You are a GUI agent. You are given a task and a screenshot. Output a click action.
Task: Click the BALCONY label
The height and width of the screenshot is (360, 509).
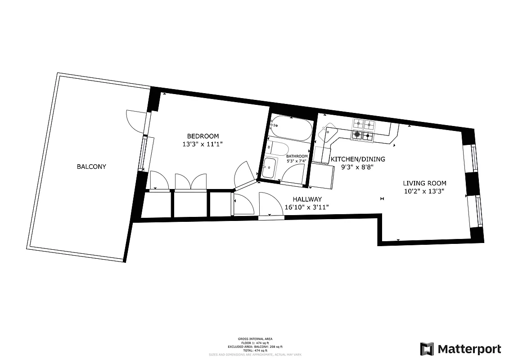(91, 166)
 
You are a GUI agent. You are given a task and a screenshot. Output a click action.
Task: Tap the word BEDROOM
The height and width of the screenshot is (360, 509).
(203, 136)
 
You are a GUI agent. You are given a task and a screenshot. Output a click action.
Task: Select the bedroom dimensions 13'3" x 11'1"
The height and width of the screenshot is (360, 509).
(203, 144)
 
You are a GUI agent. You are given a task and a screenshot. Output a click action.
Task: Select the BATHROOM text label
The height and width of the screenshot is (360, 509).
(297, 156)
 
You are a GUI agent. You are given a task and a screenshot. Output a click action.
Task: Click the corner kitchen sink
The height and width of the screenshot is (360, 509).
(329, 133)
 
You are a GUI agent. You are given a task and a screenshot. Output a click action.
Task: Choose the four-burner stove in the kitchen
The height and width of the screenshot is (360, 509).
(363, 129)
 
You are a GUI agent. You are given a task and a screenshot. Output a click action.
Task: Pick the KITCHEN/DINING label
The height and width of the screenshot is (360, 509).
(358, 159)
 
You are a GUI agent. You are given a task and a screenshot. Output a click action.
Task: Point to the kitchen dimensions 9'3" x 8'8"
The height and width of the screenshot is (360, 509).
(358, 167)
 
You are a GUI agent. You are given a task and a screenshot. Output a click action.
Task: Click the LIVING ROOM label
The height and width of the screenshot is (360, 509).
(424, 183)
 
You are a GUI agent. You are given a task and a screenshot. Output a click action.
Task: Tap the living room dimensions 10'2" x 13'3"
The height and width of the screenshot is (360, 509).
(424, 191)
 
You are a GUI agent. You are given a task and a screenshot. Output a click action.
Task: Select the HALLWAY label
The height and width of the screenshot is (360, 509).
(307, 199)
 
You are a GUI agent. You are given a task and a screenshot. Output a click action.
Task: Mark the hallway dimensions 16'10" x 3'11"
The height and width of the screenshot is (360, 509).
(307, 207)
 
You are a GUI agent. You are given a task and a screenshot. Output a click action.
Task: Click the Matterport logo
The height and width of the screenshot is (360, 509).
(460, 349)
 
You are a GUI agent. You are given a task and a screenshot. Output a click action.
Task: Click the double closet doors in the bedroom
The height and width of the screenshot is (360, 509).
(190, 182)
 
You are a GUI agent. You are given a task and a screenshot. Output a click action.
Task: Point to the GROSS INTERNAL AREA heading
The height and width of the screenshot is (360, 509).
(255, 338)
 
